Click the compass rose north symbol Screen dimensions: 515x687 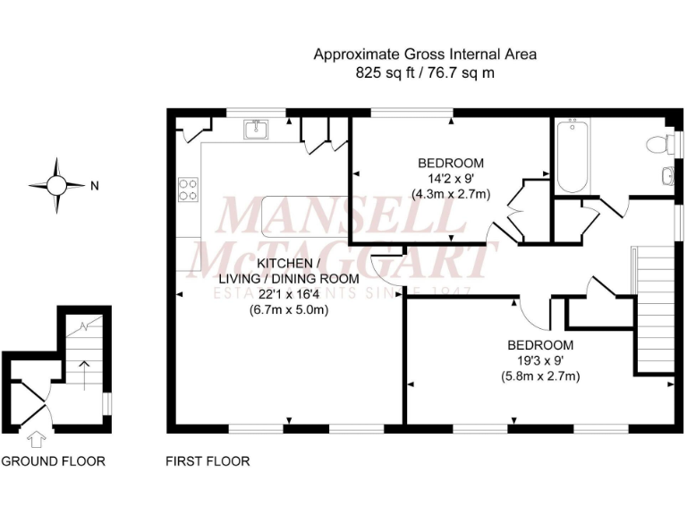click(x=56, y=186)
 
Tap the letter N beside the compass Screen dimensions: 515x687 click(x=94, y=187)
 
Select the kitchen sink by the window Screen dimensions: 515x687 click(x=257, y=130)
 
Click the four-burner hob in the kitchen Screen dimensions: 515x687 click(x=190, y=190)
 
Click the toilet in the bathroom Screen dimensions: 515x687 click(x=659, y=143)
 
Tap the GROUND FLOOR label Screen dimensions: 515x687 click(x=53, y=461)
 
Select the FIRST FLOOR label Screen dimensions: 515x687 click(x=208, y=461)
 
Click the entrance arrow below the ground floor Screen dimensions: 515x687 click(x=37, y=439)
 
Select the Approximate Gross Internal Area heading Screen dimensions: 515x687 click(x=425, y=55)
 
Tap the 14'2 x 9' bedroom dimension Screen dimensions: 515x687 click(x=451, y=179)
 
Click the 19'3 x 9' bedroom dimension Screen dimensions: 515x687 click(x=540, y=360)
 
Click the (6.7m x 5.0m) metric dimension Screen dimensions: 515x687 click(x=288, y=310)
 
